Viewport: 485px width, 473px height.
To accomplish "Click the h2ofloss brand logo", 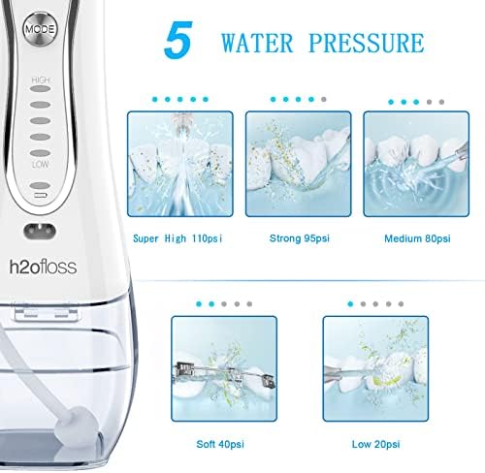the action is pos(43,267).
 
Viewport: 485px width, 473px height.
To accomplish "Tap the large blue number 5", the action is pos(178,40).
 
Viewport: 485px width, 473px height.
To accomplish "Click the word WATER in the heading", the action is pos(257,43).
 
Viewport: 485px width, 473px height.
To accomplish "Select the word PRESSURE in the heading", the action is pos(367,43).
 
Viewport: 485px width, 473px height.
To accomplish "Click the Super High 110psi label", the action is pos(178,238).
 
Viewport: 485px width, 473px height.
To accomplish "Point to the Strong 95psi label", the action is pos(300,238).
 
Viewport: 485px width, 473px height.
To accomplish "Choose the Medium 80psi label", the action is pos(417,238).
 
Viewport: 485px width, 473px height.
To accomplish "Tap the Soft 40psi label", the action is pos(220,444).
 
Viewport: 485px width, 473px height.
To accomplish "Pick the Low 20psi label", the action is pos(375,444).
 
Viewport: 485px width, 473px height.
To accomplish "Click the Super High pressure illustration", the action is pos(180,164).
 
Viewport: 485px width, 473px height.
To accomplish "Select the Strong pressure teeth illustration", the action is pos(298,164).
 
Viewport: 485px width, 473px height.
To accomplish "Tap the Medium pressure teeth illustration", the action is pos(416,164).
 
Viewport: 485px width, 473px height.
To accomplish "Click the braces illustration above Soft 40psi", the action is pos(224,368).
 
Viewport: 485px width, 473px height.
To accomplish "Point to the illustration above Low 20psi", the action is pos(375,368).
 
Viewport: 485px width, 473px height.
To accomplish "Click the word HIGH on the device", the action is pos(41,80).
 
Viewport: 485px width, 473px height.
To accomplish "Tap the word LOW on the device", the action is pos(41,165).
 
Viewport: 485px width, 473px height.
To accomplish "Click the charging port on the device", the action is pos(40,232).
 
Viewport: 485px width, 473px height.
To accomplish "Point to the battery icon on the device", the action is pos(41,196).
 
